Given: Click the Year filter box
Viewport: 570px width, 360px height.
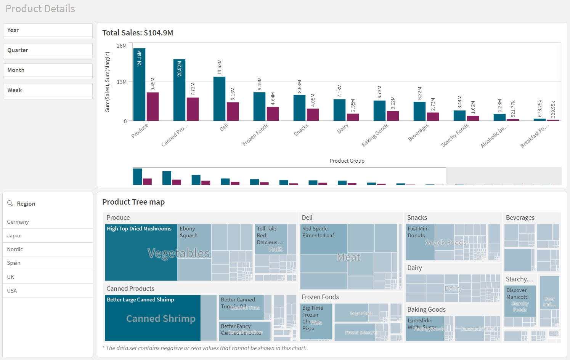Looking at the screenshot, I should (x=48, y=30).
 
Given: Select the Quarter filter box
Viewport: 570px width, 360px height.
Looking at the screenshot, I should (x=48, y=50).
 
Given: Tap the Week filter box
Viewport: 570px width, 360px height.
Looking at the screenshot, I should (x=48, y=90).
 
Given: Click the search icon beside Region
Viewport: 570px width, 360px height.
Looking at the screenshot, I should (x=10, y=203).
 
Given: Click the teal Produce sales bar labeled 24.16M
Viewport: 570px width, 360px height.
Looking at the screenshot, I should (x=139, y=85).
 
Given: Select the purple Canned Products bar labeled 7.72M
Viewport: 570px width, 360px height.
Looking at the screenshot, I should (x=193, y=109).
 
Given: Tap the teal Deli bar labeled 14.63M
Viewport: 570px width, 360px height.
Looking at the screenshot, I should (x=219, y=99).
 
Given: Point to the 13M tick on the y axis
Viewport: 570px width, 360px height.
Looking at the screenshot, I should (x=122, y=82).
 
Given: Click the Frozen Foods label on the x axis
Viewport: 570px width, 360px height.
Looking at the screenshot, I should (x=255, y=134).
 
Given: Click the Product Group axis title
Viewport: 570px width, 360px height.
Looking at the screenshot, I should (x=347, y=161).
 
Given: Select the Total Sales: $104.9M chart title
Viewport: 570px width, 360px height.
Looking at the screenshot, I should (x=138, y=33).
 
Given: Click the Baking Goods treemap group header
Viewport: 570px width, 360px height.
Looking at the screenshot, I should (x=426, y=309).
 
